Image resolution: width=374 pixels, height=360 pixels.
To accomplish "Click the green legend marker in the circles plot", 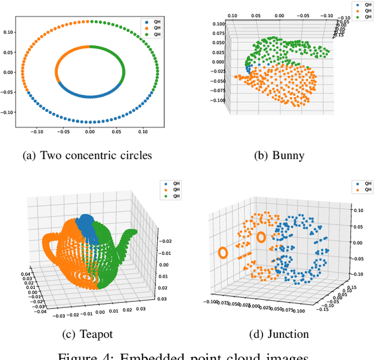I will click(x=145, y=35).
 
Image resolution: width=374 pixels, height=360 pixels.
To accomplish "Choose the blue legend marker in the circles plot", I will click(x=145, y=22).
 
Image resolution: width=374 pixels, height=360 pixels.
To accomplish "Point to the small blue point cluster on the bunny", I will click(x=250, y=68).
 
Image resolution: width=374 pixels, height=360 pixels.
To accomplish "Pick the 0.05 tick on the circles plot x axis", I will click(x=116, y=132).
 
